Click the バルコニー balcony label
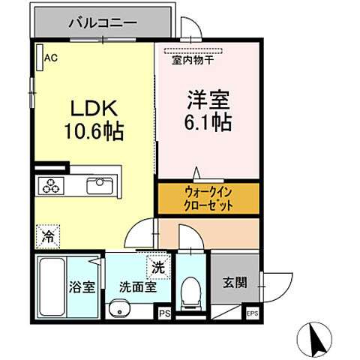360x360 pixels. (x=102, y=23)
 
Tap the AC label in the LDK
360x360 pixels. (x=51, y=57)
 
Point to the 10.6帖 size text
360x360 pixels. (x=93, y=132)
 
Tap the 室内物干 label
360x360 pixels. (x=193, y=61)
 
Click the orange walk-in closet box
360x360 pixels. (x=208, y=197)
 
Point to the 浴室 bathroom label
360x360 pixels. (x=81, y=286)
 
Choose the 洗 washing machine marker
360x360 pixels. (x=158, y=265)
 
